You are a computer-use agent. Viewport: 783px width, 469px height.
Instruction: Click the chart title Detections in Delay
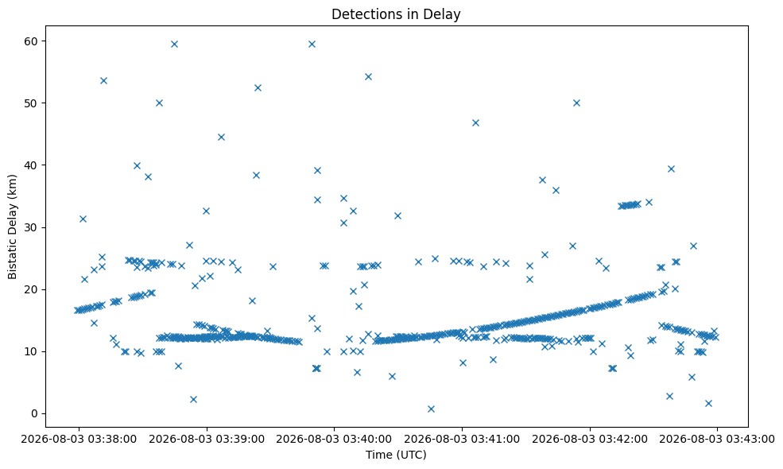click(396, 14)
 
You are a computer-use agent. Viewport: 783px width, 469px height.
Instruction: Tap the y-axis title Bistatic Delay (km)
click(12, 227)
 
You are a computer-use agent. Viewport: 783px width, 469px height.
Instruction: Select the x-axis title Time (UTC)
click(396, 455)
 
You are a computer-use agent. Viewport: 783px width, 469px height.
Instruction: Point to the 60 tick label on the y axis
click(32, 41)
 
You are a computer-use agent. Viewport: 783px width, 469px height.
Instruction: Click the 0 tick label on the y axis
click(35, 413)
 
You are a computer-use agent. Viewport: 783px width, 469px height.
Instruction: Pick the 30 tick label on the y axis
click(32, 227)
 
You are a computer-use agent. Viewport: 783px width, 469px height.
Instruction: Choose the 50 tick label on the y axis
click(32, 103)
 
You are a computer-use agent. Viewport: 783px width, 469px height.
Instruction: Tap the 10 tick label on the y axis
click(32, 351)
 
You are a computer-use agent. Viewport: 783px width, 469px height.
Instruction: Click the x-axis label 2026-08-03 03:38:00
click(79, 439)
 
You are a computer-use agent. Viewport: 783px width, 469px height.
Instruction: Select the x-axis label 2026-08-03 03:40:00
click(334, 439)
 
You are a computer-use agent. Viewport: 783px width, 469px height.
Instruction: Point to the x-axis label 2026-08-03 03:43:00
click(718, 439)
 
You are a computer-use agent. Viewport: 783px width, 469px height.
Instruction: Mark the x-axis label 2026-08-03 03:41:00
click(462, 439)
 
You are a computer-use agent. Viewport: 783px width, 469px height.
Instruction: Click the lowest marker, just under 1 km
click(431, 409)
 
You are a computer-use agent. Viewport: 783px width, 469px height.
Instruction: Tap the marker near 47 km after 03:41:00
click(475, 123)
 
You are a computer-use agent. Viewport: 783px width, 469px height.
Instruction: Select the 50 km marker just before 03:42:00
click(576, 103)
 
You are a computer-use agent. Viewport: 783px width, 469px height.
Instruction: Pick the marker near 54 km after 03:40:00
click(368, 76)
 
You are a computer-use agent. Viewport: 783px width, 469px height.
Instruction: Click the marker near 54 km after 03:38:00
click(103, 80)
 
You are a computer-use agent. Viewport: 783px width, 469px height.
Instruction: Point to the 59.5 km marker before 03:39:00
click(174, 44)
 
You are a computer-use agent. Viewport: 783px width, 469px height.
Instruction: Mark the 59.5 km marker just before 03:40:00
click(312, 44)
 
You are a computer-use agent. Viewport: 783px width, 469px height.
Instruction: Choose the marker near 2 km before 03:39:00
click(193, 399)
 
